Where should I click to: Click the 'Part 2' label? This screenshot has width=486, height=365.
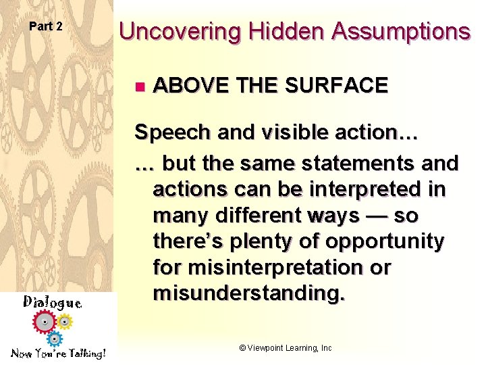pyautogui.click(x=46, y=26)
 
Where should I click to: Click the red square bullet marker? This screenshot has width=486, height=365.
pyautogui.click(x=139, y=86)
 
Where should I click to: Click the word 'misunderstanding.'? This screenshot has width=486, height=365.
pyautogui.click(x=248, y=293)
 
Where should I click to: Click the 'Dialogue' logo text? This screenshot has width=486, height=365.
pyautogui.click(x=53, y=302)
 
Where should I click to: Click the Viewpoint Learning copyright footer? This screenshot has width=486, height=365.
pyautogui.click(x=286, y=347)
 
